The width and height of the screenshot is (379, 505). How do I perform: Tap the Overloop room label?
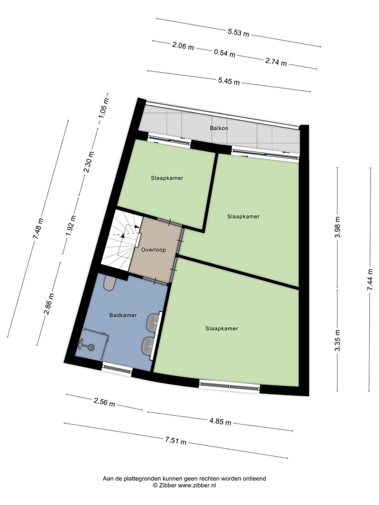(x=154, y=250)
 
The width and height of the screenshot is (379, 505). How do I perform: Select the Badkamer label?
(x=123, y=315)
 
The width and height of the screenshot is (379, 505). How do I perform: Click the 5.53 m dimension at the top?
(x=238, y=33)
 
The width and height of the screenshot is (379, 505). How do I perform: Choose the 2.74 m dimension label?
(x=276, y=62)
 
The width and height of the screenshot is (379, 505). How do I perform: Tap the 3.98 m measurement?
(x=338, y=228)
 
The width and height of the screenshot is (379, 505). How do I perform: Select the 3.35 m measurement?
(x=338, y=340)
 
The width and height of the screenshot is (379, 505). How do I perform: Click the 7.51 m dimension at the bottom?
(x=176, y=440)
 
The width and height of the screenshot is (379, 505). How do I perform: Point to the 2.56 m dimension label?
(x=104, y=402)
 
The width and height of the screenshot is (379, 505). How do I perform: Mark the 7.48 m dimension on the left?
(x=38, y=229)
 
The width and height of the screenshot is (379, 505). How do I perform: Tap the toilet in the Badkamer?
(x=110, y=284)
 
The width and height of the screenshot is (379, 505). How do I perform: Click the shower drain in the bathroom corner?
(x=91, y=347)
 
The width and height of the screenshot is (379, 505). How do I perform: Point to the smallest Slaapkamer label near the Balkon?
(x=167, y=178)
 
